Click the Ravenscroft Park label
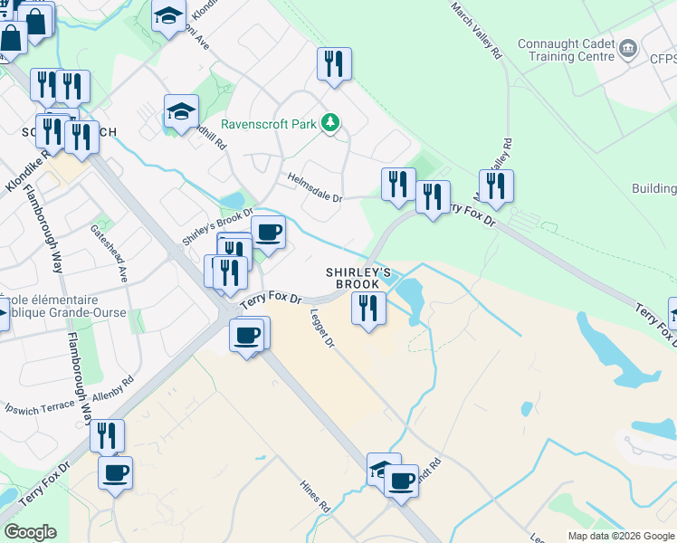271,123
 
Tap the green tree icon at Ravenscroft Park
332,122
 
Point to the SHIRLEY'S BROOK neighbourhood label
358,278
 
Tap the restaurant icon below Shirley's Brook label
367,309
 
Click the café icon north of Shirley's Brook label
268,232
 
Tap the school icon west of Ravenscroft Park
181,112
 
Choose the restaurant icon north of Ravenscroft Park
334,64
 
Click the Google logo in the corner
30,532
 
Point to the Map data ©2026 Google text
620,536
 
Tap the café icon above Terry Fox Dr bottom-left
116,472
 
